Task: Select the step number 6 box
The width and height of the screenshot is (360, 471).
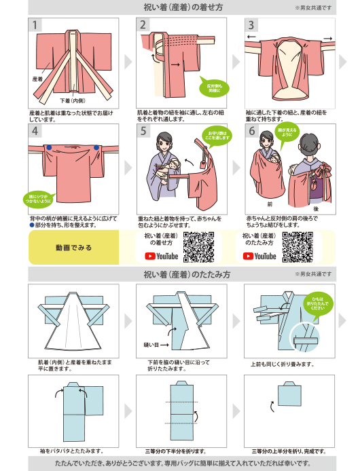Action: click(253, 132)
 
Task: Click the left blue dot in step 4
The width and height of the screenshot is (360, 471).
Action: click(49, 147)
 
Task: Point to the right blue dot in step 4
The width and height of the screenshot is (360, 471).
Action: click(97, 147)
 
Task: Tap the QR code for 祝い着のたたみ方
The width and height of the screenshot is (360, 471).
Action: click(297, 246)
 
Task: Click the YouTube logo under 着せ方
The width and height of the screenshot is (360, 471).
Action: click(161, 256)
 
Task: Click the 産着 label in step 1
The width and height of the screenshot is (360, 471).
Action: click(38, 79)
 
